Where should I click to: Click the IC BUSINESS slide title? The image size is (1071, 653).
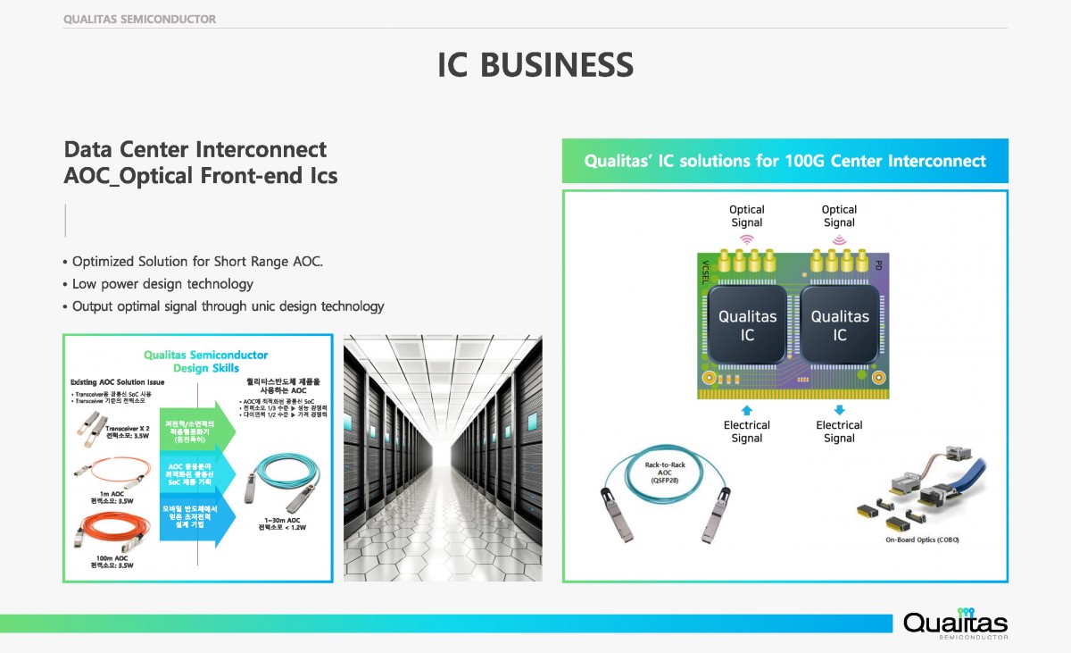click(x=535, y=65)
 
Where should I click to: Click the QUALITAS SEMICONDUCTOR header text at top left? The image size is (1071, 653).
click(x=139, y=19)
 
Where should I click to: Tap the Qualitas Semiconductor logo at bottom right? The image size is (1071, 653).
click(x=955, y=623)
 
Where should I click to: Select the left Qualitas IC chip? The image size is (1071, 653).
click(x=748, y=326)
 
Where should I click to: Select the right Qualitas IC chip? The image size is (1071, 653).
click(x=840, y=326)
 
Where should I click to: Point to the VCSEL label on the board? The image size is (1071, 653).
click(x=705, y=272)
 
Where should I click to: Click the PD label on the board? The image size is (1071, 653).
click(x=879, y=265)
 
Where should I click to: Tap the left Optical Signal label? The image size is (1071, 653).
click(x=747, y=216)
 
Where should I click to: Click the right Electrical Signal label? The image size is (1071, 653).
click(x=839, y=431)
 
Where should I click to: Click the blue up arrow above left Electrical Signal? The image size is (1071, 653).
click(x=747, y=408)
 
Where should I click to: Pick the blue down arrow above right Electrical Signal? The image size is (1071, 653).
click(x=839, y=408)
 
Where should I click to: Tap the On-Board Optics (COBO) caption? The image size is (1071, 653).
click(x=922, y=540)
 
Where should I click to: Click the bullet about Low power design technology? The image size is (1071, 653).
click(x=162, y=284)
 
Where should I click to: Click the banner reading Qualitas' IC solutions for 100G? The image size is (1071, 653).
click(x=785, y=162)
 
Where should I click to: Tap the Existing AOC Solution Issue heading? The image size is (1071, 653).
click(x=116, y=382)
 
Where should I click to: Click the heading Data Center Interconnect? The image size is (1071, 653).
click(x=195, y=149)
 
